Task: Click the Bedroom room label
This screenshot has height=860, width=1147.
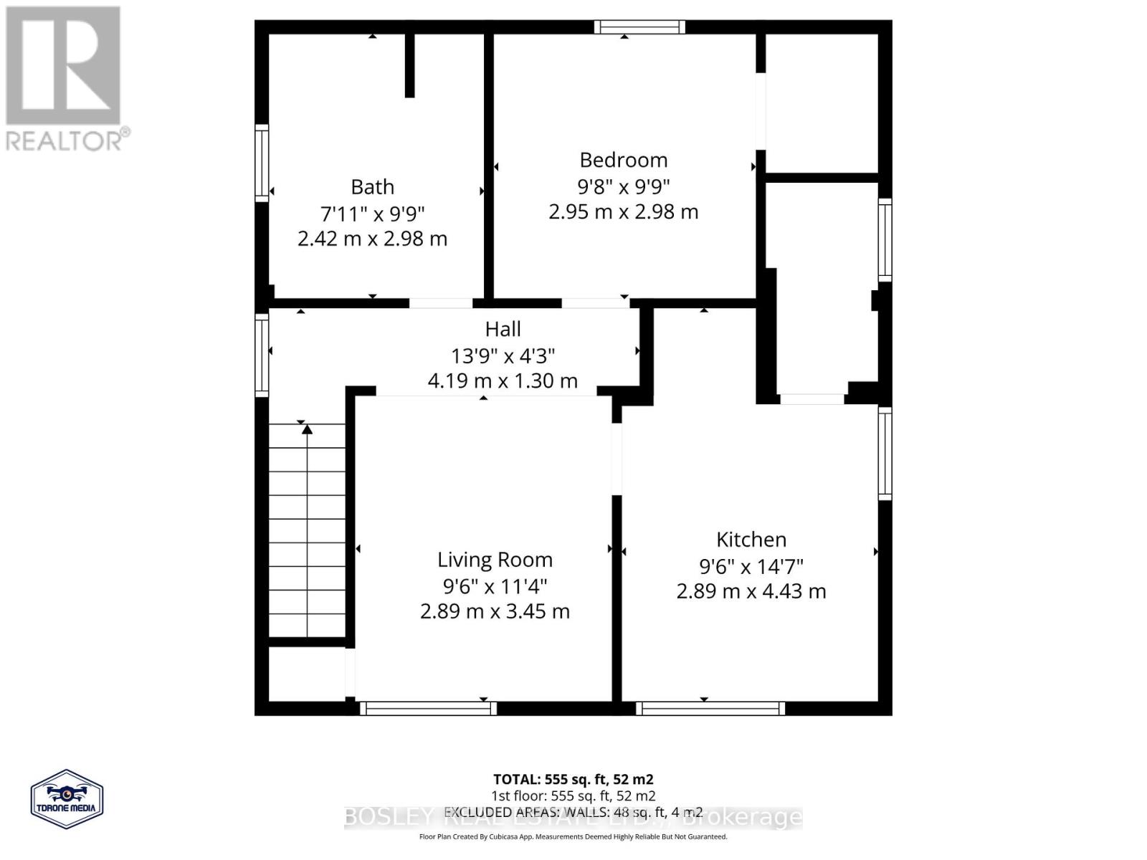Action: tap(623, 160)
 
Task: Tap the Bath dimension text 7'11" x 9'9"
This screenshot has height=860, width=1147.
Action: tap(372, 214)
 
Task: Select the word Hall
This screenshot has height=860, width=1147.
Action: tap(503, 329)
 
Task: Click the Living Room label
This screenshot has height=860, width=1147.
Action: tap(495, 560)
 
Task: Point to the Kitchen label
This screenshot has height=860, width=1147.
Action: tap(751, 540)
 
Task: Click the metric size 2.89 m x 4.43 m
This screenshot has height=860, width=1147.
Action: tap(751, 592)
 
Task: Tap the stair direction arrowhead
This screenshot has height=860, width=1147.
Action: tap(307, 429)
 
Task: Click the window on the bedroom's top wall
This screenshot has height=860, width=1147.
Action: tap(639, 27)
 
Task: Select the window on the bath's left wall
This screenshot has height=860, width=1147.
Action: tap(262, 163)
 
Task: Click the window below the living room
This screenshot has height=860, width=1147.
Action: tap(428, 709)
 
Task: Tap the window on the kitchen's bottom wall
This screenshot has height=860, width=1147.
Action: tap(710, 709)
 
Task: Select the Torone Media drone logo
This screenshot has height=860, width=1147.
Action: tap(67, 799)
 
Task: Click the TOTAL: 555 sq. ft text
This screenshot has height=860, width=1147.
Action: tap(573, 779)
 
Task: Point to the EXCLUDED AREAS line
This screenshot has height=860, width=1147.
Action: tap(573, 812)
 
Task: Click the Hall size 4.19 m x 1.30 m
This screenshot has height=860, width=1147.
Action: tap(503, 381)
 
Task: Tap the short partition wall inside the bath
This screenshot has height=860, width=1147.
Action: tap(409, 64)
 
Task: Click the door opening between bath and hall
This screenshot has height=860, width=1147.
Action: tap(440, 303)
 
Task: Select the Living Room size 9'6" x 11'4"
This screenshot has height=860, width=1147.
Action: tap(495, 586)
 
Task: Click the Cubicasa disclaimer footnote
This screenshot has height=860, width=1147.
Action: tap(573, 836)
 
